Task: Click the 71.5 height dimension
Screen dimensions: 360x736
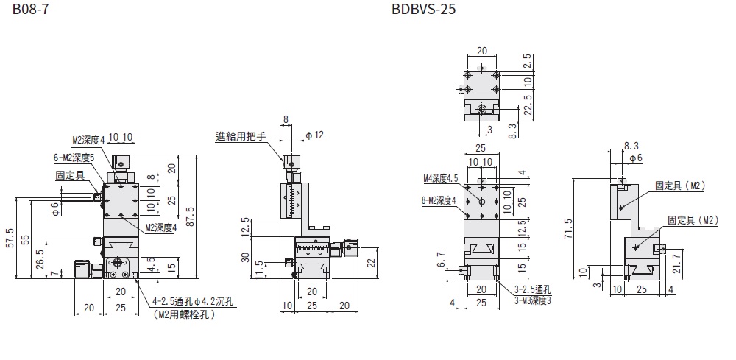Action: coord(567,227)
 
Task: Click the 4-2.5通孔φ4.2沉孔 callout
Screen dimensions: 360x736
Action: coord(193,302)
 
